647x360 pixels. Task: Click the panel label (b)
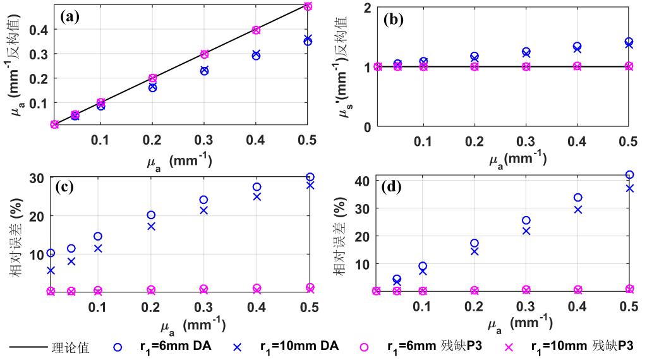pos(398,18)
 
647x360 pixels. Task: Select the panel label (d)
pos(398,188)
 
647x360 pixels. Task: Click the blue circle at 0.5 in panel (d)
pos(629,175)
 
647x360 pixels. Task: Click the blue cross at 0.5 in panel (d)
pos(629,188)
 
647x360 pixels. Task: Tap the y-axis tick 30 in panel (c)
pos(37,177)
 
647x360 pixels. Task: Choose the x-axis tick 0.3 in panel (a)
pos(204,138)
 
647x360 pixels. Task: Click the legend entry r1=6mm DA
pos(176,346)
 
